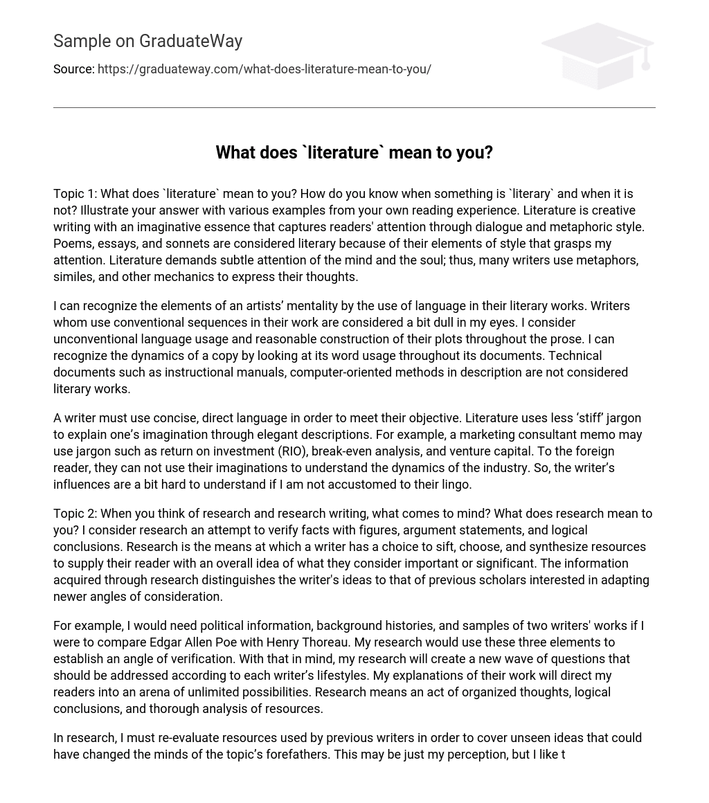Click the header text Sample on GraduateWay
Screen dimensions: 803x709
(x=147, y=42)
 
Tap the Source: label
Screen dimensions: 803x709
(x=73, y=69)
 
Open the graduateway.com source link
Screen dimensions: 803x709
(x=264, y=69)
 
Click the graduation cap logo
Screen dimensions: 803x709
(x=597, y=55)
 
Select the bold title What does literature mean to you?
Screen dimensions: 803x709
(x=354, y=152)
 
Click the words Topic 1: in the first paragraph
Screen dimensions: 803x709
(x=75, y=194)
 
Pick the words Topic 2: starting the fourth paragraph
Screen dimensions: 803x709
(x=75, y=514)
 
